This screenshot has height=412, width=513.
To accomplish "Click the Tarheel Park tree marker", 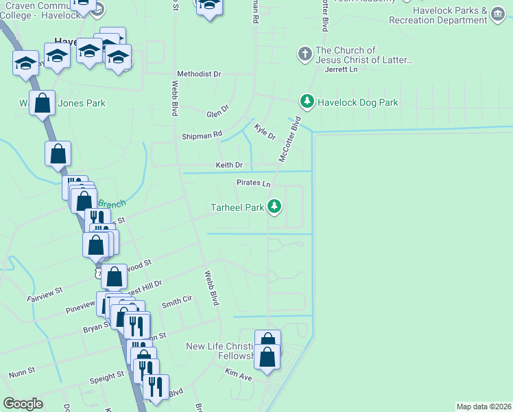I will (274, 205).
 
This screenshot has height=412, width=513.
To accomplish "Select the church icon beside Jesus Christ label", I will (304, 53).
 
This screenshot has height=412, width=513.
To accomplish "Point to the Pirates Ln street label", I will (254, 183).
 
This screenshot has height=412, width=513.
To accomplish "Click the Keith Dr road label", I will (229, 165).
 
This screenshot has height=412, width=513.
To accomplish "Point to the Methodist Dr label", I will (199, 73).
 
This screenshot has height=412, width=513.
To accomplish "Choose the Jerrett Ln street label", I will (342, 69).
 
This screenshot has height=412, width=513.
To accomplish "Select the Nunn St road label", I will (23, 371).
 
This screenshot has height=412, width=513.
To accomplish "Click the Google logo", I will (23, 403).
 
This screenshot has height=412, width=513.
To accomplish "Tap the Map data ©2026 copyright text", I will (484, 407).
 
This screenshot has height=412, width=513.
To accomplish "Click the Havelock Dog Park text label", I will (358, 102).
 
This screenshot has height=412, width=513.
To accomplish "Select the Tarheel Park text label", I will (237, 206).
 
